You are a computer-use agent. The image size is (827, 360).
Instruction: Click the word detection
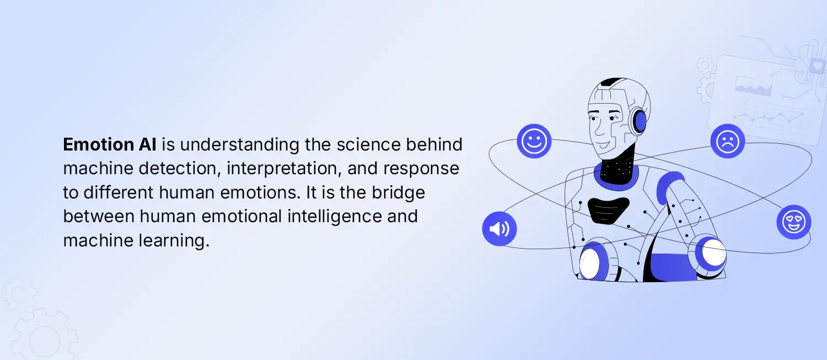[x=177, y=169]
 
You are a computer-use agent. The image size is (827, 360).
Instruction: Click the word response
[x=423, y=169]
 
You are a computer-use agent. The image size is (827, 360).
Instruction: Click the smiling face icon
[x=534, y=141]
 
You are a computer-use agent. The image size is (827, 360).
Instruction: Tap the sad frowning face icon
[x=727, y=141]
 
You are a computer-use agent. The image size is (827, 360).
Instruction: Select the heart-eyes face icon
[x=794, y=222]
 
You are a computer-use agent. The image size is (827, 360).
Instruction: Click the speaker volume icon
[x=499, y=228]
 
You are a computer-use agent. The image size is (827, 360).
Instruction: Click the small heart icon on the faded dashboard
[x=816, y=66]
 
